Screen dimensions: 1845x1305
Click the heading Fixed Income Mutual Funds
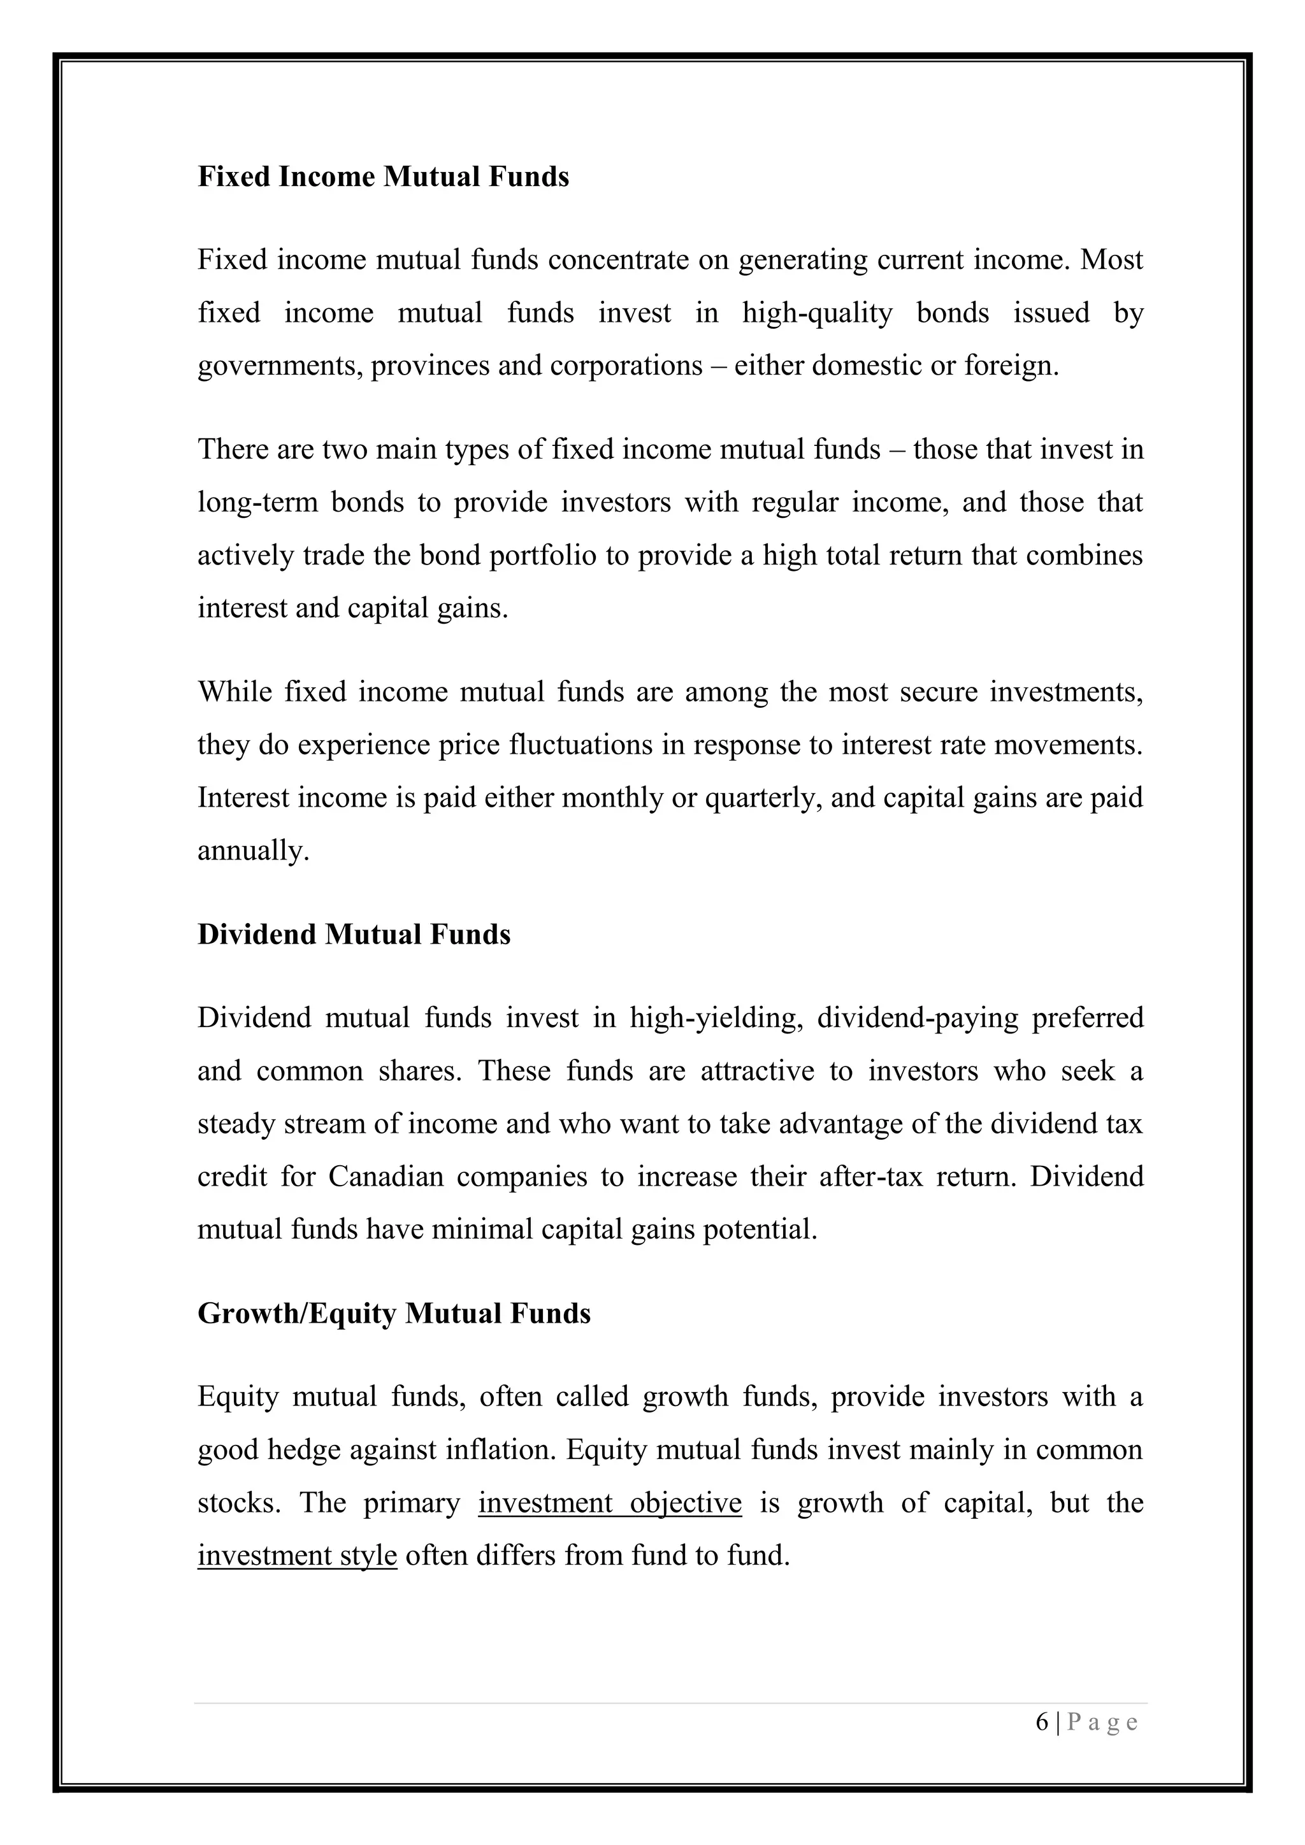384,176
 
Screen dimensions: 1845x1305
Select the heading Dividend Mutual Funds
354,935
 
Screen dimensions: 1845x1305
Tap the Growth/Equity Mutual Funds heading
394,1313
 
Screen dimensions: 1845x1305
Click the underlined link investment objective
609,1503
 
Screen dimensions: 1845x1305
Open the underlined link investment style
298,1556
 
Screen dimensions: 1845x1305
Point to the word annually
252,851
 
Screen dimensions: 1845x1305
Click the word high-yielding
717,1018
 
